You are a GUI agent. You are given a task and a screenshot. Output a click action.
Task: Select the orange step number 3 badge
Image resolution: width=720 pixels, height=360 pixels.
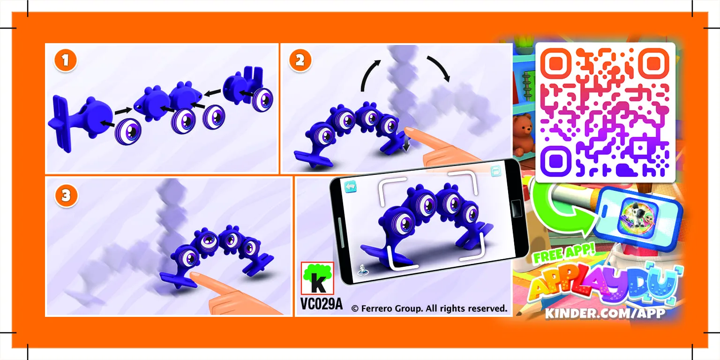pyautogui.click(x=66, y=195)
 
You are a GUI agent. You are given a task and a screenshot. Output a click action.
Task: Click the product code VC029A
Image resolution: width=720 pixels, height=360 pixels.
pyautogui.click(x=321, y=305)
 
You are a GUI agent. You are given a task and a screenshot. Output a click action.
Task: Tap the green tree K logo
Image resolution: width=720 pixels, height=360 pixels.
pyautogui.click(x=317, y=278)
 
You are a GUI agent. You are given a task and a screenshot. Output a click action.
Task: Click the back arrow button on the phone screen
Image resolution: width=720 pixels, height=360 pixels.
pyautogui.click(x=351, y=186)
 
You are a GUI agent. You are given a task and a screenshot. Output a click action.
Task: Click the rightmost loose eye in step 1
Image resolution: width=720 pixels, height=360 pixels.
pyautogui.click(x=262, y=98)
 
